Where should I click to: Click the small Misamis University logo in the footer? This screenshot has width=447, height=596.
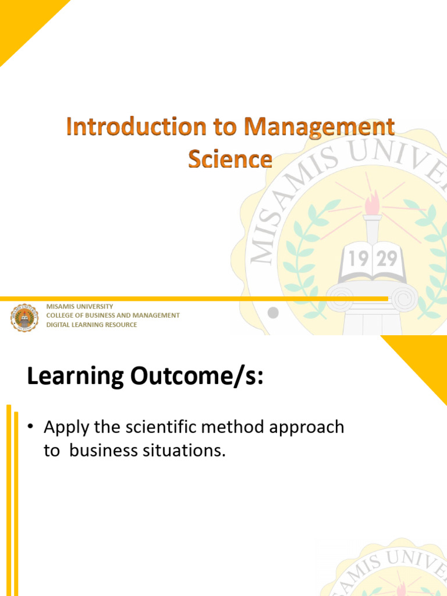point(24,317)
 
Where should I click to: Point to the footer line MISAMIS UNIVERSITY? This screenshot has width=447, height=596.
point(80,306)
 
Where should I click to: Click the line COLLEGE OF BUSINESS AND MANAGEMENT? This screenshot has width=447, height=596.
point(113,315)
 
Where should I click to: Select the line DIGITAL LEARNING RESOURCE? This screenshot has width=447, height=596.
point(91,325)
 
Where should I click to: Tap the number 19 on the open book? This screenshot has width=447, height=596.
point(359,258)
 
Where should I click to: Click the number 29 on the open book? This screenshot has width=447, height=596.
point(387,258)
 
